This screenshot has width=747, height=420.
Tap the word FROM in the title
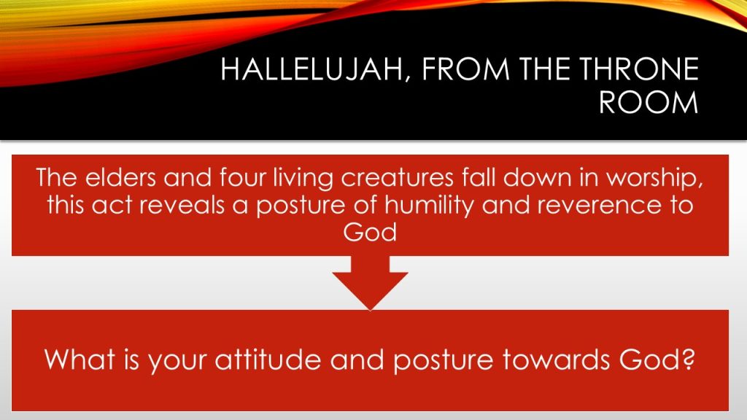[x=465, y=69]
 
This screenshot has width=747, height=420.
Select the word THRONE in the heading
[x=639, y=69]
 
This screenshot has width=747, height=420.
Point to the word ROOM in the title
[x=649, y=101]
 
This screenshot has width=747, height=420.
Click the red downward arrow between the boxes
[x=370, y=282]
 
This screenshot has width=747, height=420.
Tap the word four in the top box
[x=242, y=178]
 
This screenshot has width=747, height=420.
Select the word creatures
[x=398, y=178]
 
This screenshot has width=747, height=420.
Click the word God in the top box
[x=370, y=232]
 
